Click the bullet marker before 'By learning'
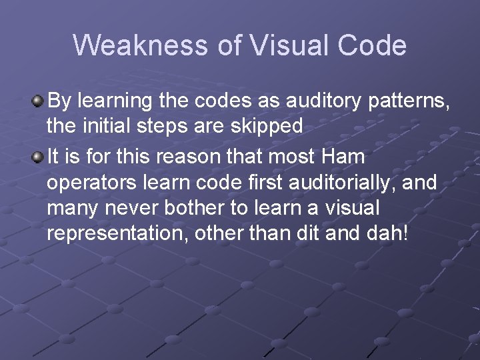pos(39,101)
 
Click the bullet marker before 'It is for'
pos(39,157)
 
